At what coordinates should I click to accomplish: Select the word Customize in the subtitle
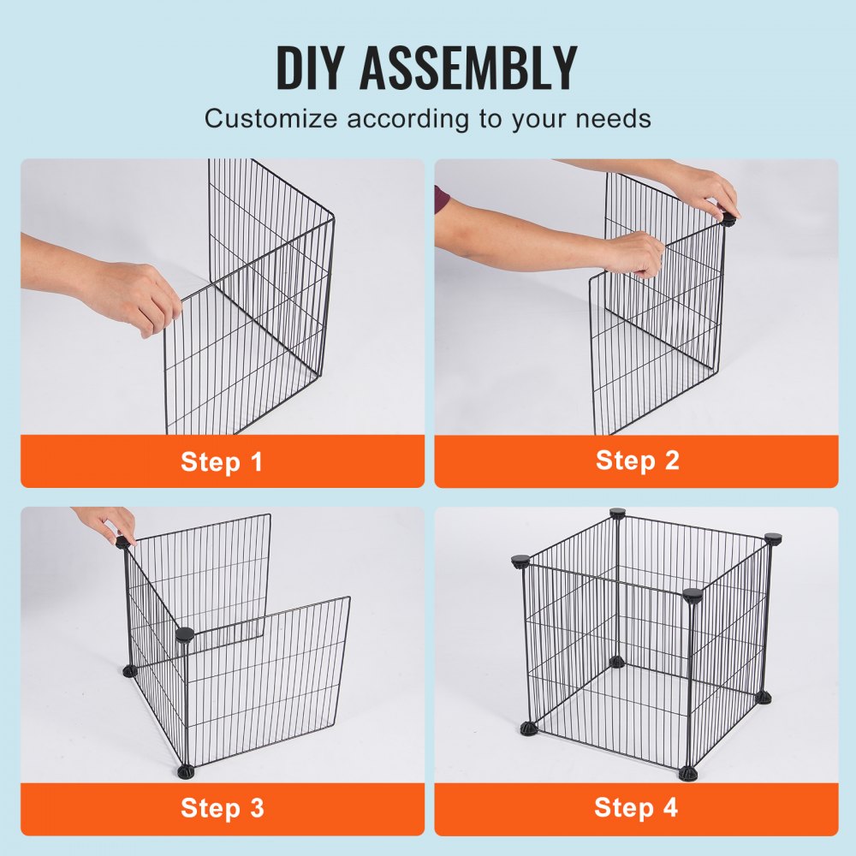tap(270, 118)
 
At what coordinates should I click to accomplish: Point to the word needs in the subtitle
tap(610, 118)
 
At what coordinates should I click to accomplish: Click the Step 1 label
tap(222, 462)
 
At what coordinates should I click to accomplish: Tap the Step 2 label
tap(637, 461)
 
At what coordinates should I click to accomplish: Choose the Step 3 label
tap(222, 807)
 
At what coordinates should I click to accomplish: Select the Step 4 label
tap(637, 807)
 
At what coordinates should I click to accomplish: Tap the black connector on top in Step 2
tap(728, 218)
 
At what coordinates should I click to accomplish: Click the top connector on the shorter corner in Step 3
tap(184, 635)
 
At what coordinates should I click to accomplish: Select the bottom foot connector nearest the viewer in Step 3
tap(185, 770)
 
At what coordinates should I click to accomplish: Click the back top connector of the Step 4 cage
tap(617, 514)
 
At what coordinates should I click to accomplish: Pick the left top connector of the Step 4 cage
tap(520, 562)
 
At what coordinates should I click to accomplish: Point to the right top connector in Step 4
tap(773, 539)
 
